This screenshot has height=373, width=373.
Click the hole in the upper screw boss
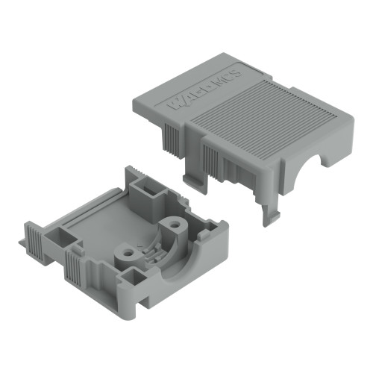pos(175,223)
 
